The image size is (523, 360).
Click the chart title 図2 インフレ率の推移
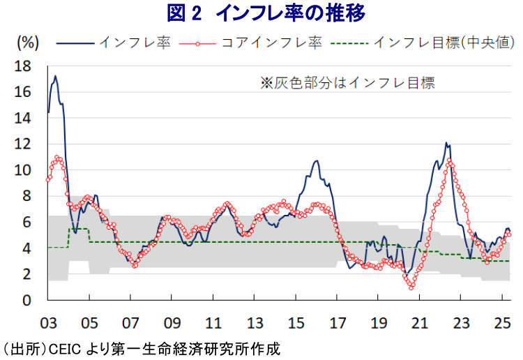pos(266,13)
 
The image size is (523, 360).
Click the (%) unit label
pos(28,43)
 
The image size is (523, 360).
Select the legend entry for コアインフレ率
pos(251,43)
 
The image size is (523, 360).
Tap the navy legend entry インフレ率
pos(114,43)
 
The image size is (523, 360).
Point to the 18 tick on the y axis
pos(22,66)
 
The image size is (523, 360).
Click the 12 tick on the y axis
pos(22,144)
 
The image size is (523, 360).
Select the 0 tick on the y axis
pos(26,301)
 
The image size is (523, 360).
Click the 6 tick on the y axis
pos(26,223)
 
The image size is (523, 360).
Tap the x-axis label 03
pos(48,323)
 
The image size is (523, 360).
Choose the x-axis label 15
pos(296,323)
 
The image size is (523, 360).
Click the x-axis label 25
pos(502,323)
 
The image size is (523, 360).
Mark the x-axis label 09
pos(172,323)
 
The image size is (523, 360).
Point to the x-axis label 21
pos(420,323)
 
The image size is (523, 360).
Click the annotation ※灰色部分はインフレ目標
pos(347,83)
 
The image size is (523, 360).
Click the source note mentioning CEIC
pos(140,350)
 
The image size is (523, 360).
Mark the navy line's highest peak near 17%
pos(55,76)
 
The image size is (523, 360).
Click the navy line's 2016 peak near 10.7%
pos(316,161)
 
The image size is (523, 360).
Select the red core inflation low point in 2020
pos(411,287)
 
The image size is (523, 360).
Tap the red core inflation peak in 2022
pos(449,160)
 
